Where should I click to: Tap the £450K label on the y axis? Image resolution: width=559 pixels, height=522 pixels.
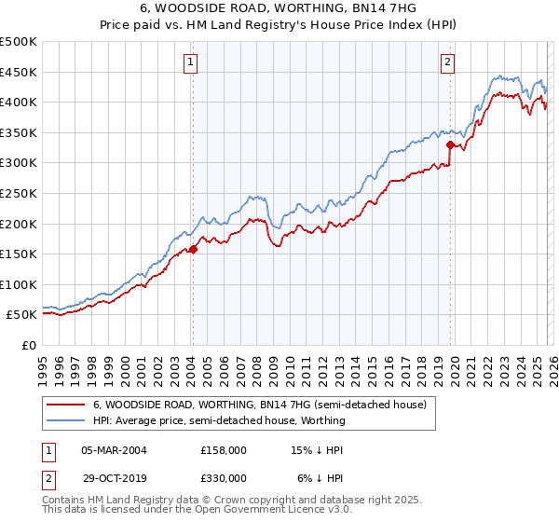point(19,72)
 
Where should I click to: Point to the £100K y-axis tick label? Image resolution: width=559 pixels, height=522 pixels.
point(19,284)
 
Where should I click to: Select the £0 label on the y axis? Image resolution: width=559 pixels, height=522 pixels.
point(29,345)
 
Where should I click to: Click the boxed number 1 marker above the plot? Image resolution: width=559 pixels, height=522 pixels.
point(190,62)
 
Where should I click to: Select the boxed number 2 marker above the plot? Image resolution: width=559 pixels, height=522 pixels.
point(447,62)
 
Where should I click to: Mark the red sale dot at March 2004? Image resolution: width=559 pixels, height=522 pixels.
point(193,249)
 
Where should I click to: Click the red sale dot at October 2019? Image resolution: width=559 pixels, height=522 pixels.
point(450,144)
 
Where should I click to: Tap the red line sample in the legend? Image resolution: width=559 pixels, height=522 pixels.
point(65,405)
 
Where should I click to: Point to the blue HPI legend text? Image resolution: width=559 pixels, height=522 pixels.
point(219,420)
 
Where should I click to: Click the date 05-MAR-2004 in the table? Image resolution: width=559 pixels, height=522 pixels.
point(114,449)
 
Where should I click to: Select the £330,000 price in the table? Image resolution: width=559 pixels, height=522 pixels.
point(224,477)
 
